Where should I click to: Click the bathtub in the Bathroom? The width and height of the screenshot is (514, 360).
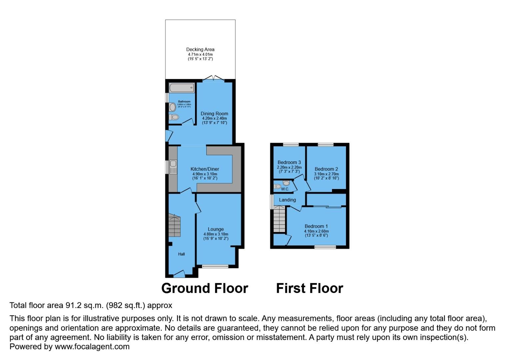pyautogui.click(x=182, y=88)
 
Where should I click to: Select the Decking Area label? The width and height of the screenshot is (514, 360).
pyautogui.click(x=200, y=50)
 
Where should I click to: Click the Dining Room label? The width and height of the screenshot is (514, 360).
pyautogui.click(x=214, y=114)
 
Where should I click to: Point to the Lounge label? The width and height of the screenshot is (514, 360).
pyautogui.click(x=216, y=229)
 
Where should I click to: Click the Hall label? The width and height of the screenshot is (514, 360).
pyautogui.click(x=181, y=254)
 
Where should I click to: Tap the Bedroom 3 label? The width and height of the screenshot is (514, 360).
pyautogui.click(x=289, y=163)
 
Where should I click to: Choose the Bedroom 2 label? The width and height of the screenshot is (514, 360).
pyautogui.click(x=326, y=169)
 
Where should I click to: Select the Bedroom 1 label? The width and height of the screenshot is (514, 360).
pyautogui.click(x=316, y=226)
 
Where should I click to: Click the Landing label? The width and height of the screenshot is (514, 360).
pyautogui.click(x=287, y=200)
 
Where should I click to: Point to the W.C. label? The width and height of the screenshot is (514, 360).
pyautogui.click(x=285, y=189)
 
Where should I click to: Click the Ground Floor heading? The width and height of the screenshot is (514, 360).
pyautogui.click(x=205, y=288)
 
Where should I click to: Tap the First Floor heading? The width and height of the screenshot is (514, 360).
pyautogui.click(x=309, y=288)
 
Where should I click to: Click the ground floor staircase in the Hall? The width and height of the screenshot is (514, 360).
pyautogui.click(x=174, y=226)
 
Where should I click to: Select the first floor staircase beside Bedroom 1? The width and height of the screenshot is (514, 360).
pyautogui.click(x=279, y=219)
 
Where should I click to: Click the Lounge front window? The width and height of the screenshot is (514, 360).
pyautogui.click(x=215, y=266)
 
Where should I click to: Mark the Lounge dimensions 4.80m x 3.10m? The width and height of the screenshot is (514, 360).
pyautogui.click(x=216, y=234)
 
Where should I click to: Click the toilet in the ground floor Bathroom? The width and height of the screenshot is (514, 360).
pyautogui.click(x=174, y=117)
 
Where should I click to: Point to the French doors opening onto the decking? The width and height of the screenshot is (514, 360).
pyautogui.click(x=213, y=79)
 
